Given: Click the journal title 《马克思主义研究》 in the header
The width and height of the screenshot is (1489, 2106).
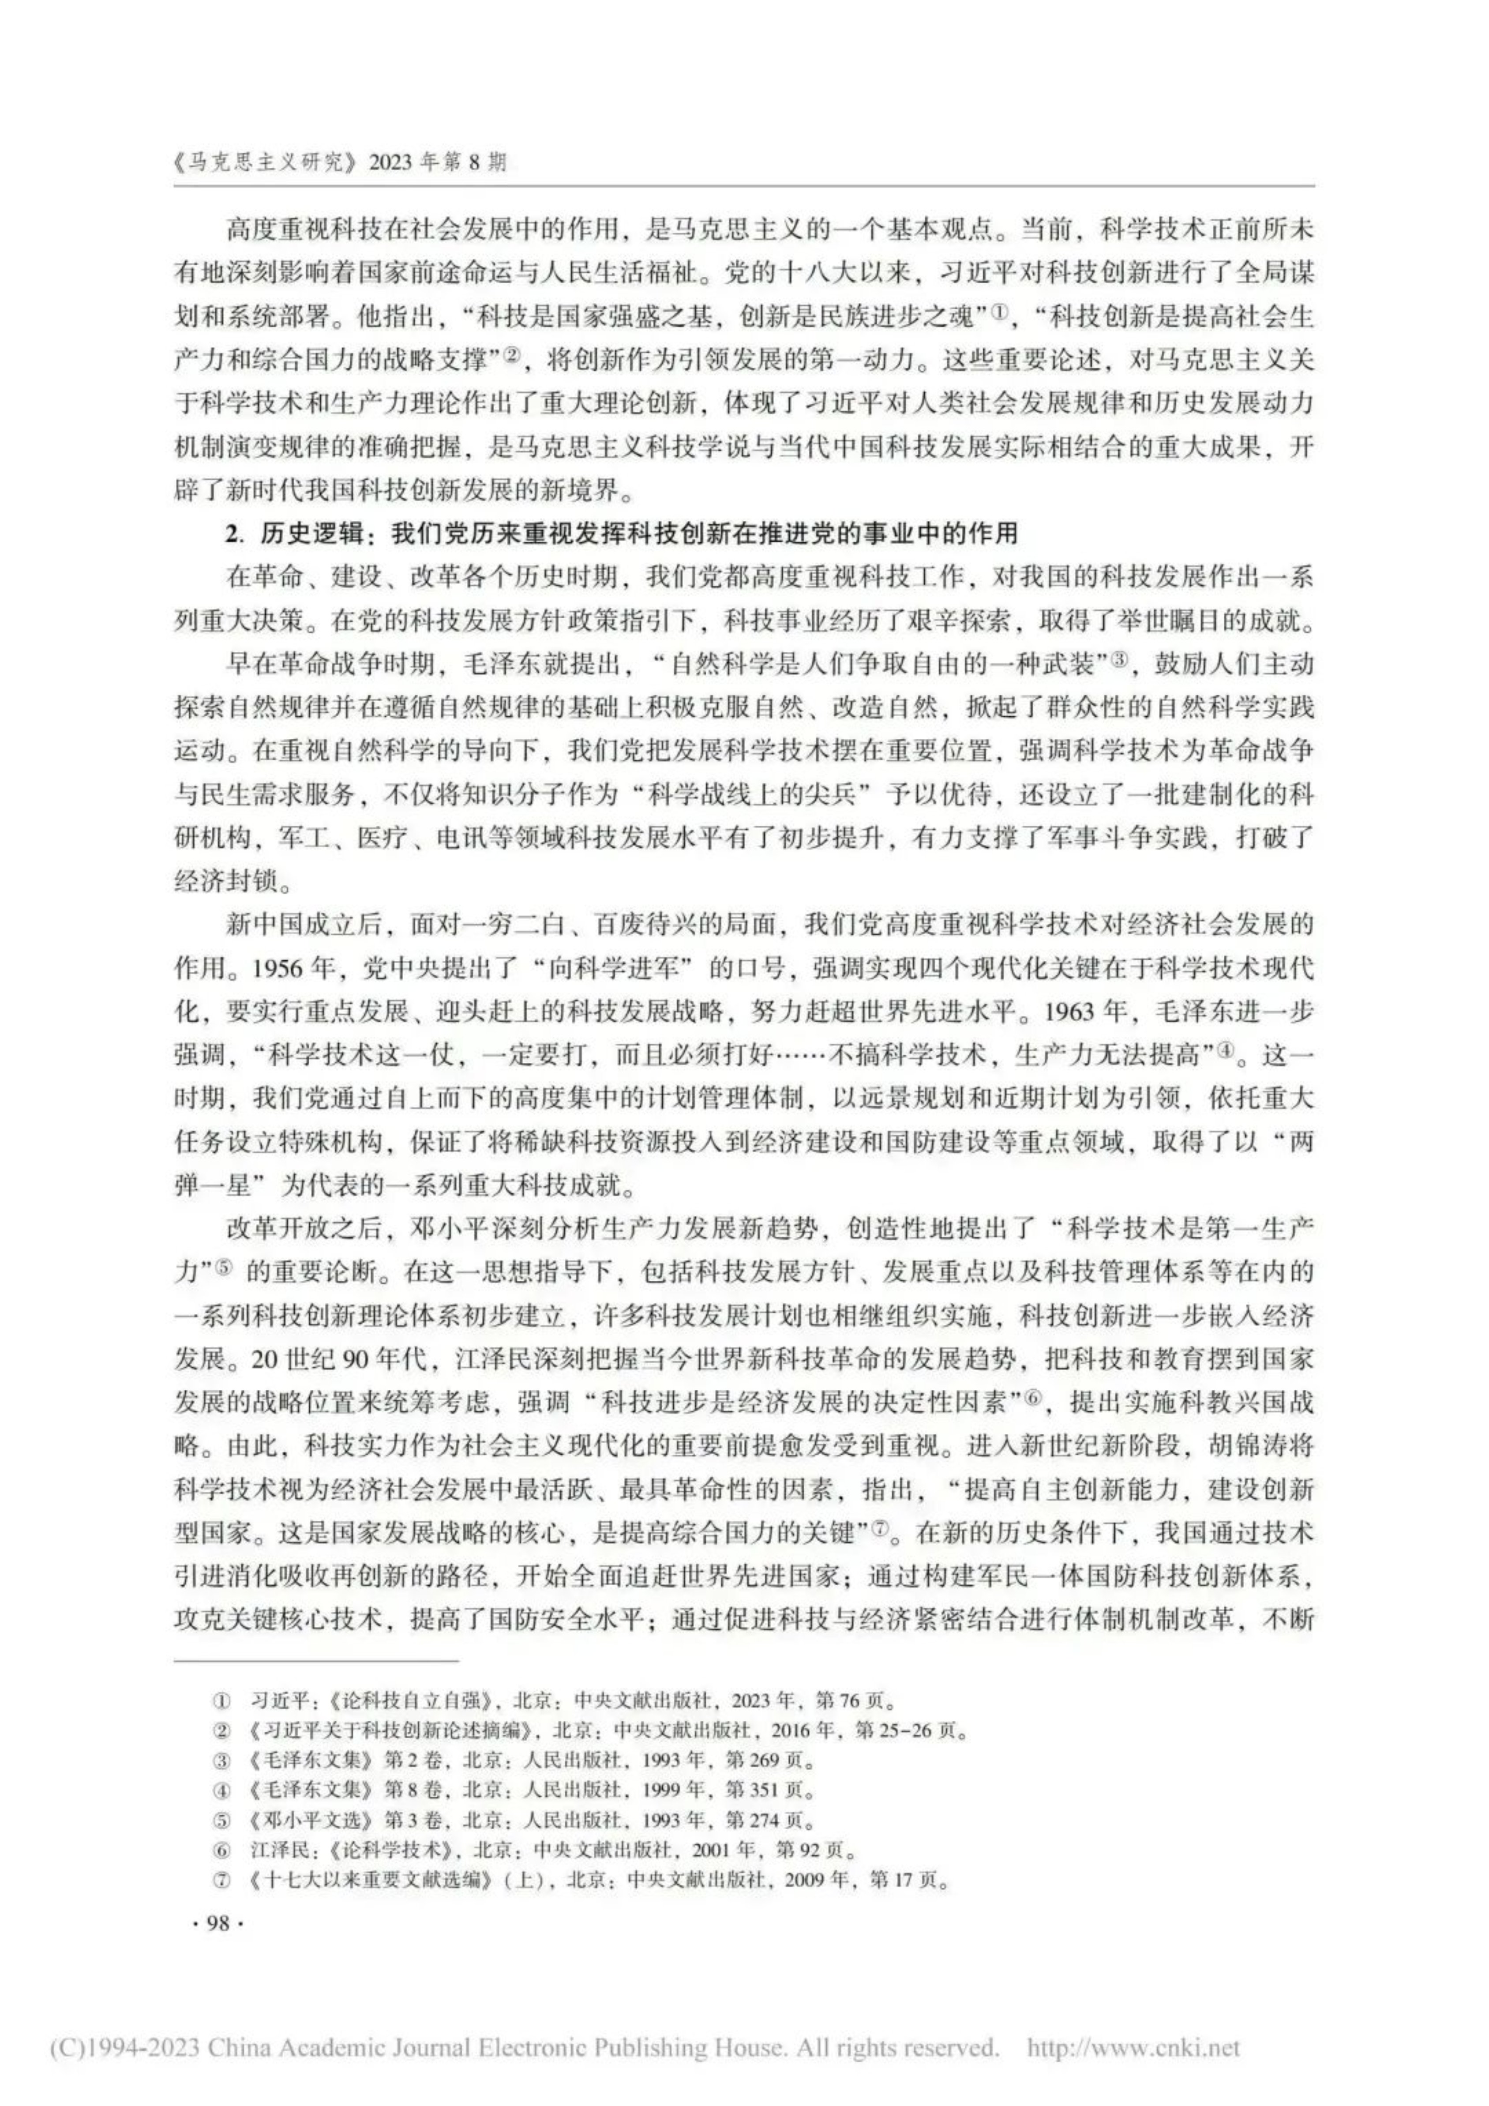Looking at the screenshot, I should [x=266, y=163].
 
